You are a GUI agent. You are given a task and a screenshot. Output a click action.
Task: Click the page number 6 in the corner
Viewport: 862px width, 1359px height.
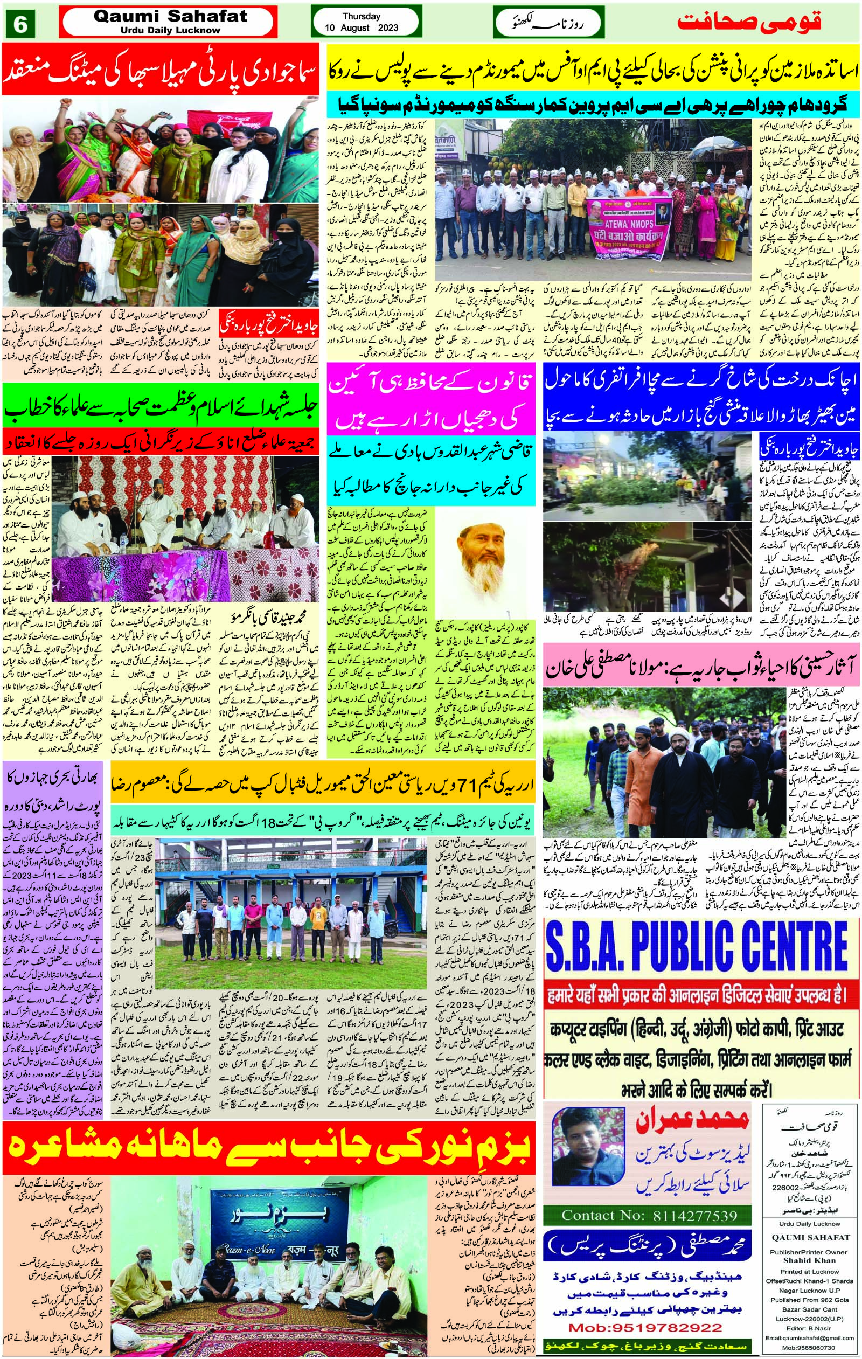point(21,24)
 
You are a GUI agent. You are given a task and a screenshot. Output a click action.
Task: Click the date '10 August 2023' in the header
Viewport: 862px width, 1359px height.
point(361,28)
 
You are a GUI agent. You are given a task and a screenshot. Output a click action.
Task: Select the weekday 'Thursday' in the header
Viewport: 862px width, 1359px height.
point(361,16)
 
